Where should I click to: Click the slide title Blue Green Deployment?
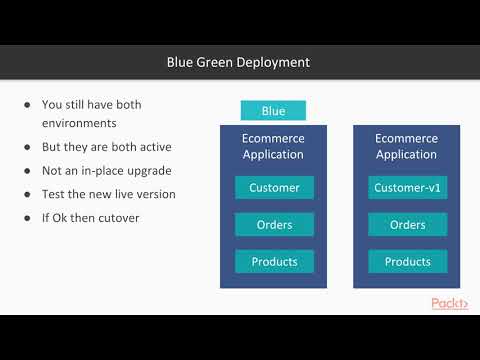coord(238,62)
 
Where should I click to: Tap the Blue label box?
coord(273,111)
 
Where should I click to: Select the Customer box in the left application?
coord(274,187)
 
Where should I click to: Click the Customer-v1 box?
coord(407,187)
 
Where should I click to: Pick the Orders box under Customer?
coord(274,224)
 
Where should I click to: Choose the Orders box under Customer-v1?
coord(407,224)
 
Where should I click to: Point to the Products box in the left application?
coord(274,261)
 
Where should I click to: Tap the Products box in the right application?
coord(407,261)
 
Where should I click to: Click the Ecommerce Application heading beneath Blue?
coord(274,146)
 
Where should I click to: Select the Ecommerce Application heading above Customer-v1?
coord(407,146)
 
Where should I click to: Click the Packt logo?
coord(449,303)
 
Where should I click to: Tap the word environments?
coord(80,124)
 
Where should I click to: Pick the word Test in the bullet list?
coord(54,193)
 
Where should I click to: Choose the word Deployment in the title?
coord(273,62)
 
